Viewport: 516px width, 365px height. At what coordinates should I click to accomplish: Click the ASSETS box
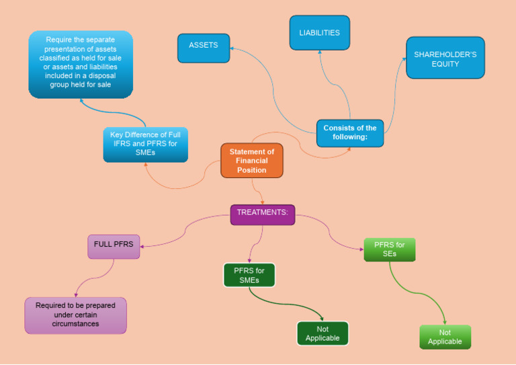click(x=204, y=48)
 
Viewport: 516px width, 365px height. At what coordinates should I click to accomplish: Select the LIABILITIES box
click(x=319, y=33)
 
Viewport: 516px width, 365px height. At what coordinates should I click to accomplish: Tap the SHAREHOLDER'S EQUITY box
click(x=445, y=58)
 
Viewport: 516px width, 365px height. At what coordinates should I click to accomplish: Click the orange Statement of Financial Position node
click(x=252, y=161)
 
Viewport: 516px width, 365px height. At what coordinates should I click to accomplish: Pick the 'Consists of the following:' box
click(x=349, y=133)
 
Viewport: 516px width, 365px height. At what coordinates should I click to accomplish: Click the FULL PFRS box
click(x=114, y=246)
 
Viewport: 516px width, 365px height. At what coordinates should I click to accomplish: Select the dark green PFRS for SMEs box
click(x=249, y=276)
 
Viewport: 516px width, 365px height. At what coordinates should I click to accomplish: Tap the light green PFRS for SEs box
click(x=389, y=249)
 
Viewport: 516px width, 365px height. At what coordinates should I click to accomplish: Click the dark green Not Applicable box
click(x=322, y=333)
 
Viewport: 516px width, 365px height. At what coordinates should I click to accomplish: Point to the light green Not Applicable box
click(x=445, y=337)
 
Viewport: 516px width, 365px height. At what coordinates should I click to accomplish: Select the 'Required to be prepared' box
click(x=75, y=315)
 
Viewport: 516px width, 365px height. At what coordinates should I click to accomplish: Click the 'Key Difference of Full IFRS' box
click(x=145, y=144)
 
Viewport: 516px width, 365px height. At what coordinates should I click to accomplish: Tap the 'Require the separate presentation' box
click(x=80, y=63)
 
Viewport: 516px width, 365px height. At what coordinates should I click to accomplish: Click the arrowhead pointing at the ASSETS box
click(x=232, y=48)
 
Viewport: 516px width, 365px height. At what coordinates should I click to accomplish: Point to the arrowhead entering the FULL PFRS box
click(x=142, y=246)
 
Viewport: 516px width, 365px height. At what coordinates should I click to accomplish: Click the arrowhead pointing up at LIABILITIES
click(x=320, y=52)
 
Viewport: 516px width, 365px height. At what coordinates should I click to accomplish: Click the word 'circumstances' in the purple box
click(x=75, y=324)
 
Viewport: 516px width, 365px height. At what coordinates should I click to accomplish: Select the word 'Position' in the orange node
click(x=252, y=170)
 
